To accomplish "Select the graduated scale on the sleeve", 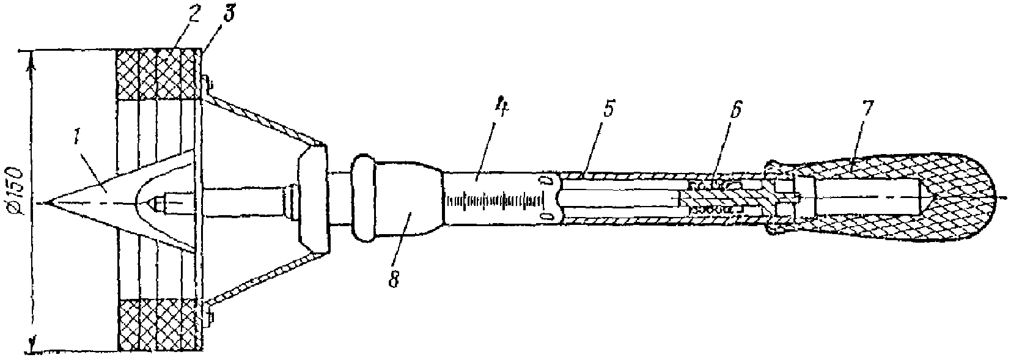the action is (495, 200).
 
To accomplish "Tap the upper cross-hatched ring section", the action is (159, 75).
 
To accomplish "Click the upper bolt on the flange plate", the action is (208, 83).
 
